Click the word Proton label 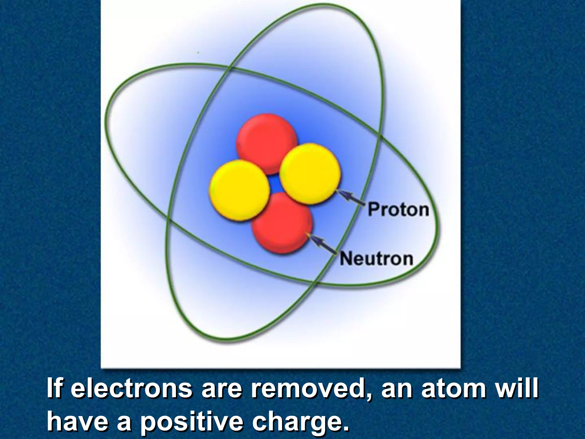click(x=398, y=209)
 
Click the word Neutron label click(x=376, y=259)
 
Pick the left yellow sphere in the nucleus click(x=239, y=190)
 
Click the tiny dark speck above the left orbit click(x=198, y=53)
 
